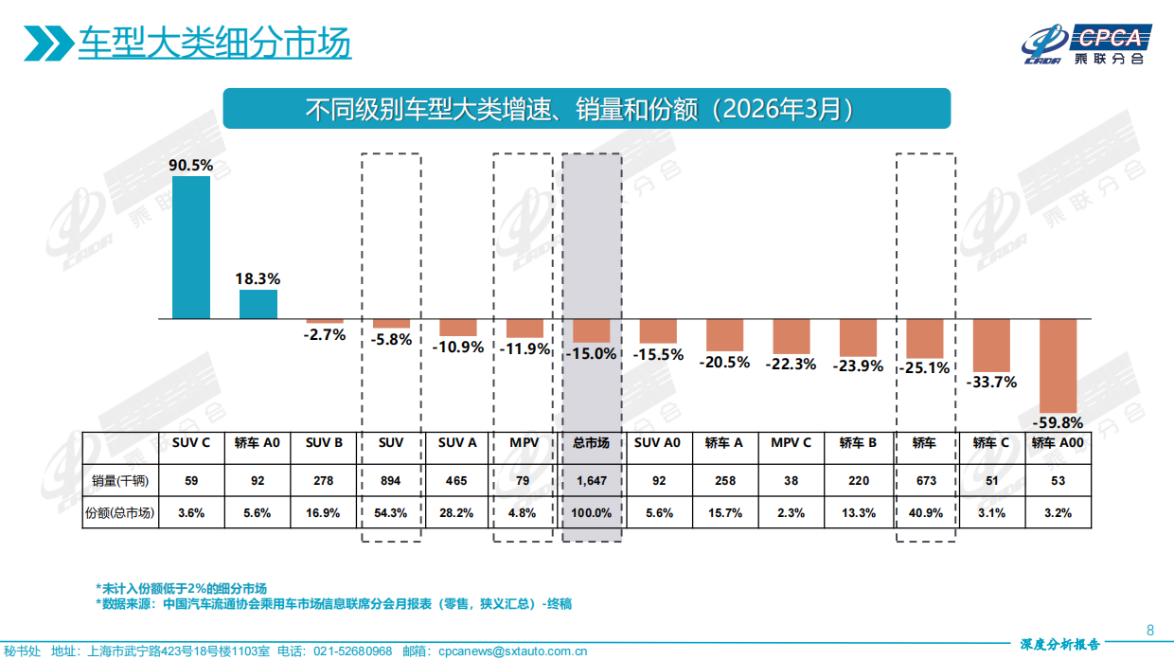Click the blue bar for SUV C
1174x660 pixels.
191,247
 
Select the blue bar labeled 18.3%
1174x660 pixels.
258,304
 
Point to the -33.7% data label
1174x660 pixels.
991,382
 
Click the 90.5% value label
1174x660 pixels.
191,165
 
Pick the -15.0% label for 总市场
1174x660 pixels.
592,353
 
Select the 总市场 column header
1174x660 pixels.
592,442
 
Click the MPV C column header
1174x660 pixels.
791,442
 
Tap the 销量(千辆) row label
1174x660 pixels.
120,480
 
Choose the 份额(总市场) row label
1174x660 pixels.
120,512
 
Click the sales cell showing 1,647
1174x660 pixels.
592,480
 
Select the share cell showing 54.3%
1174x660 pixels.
390,512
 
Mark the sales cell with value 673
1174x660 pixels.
925,480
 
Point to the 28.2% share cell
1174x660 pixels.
456,512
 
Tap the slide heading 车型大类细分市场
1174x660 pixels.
214,44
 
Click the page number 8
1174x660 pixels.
1149,631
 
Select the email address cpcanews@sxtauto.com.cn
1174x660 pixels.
512,651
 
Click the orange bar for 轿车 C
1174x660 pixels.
991,345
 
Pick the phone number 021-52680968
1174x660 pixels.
352,651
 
